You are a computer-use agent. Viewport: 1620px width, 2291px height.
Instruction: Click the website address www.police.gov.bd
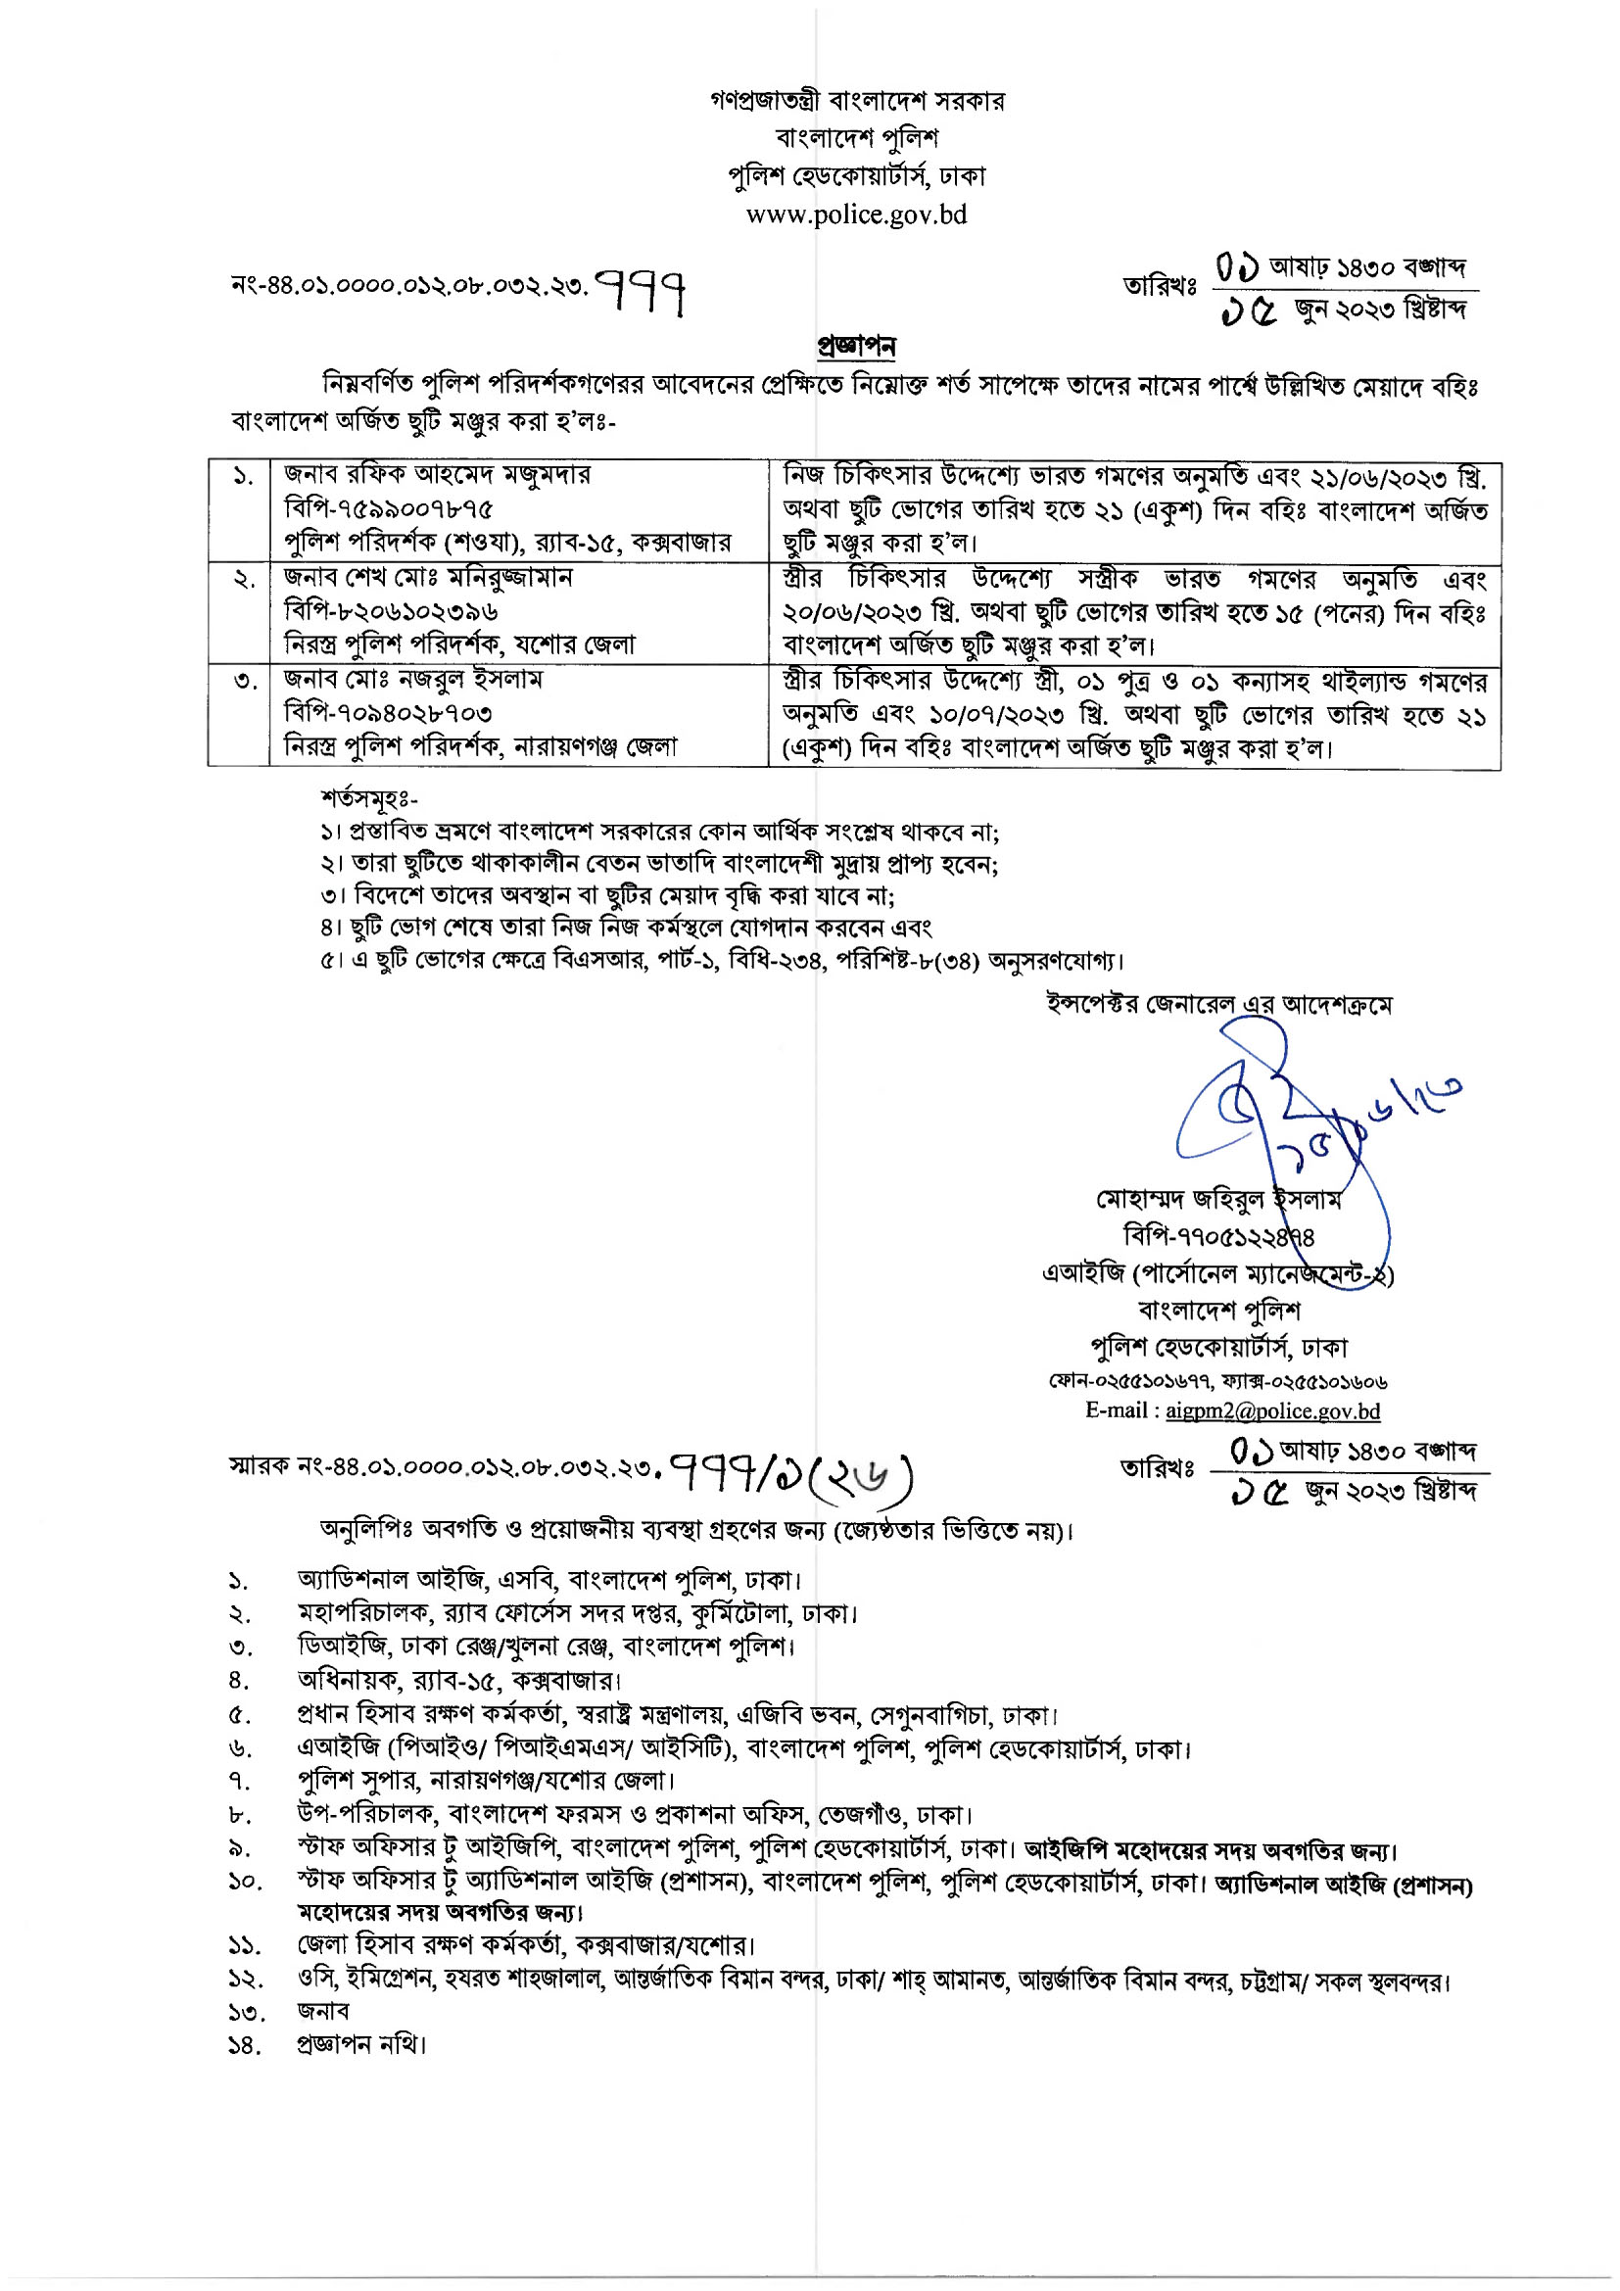pos(856,215)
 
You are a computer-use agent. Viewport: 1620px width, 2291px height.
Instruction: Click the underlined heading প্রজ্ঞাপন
pos(856,346)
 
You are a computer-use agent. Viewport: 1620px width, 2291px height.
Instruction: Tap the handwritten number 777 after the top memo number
pos(642,291)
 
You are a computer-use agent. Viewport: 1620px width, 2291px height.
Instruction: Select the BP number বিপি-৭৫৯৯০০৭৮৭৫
pos(389,509)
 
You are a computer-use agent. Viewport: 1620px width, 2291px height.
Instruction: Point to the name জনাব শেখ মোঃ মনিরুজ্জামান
pos(428,578)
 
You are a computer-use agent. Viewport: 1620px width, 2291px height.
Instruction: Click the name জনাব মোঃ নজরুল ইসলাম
pos(413,680)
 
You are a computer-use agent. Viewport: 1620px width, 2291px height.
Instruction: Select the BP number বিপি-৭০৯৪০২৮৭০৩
pos(388,713)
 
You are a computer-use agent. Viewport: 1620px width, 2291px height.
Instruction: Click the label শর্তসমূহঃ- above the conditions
pos(369,798)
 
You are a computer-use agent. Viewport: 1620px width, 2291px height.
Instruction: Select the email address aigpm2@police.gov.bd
pos(1273,1410)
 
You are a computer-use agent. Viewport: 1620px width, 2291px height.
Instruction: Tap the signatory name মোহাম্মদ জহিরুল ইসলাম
pos(1218,1200)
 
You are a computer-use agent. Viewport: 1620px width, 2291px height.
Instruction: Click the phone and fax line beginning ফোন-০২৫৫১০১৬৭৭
pos(1217,1381)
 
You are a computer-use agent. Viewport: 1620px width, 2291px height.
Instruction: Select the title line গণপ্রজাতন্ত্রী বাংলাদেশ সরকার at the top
pos(857,101)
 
